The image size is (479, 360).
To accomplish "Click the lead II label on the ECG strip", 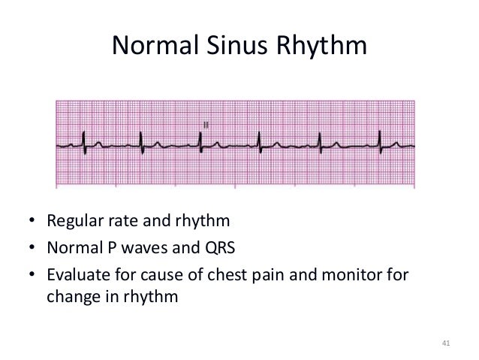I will pyautogui.click(x=205, y=123).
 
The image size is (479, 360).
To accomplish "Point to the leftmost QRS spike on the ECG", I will pyautogui.click(x=83, y=139).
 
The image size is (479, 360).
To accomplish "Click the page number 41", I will pyautogui.click(x=445, y=343).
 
